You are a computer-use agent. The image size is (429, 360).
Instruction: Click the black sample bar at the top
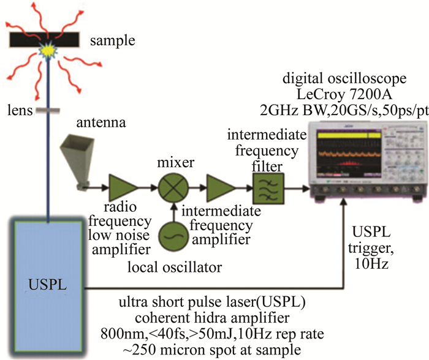25,40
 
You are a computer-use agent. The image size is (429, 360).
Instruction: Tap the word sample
112,42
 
